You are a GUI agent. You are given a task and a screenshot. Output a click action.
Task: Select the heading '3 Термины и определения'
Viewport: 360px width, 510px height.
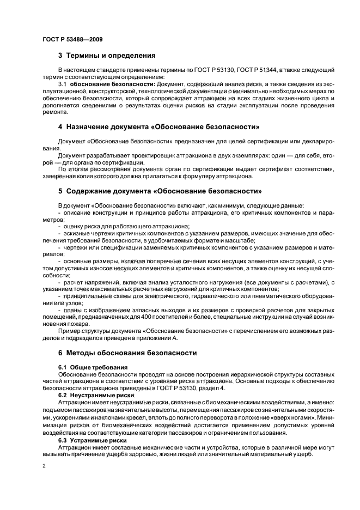tap(107, 56)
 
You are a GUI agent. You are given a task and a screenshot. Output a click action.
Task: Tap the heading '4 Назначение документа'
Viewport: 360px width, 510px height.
tap(158, 127)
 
